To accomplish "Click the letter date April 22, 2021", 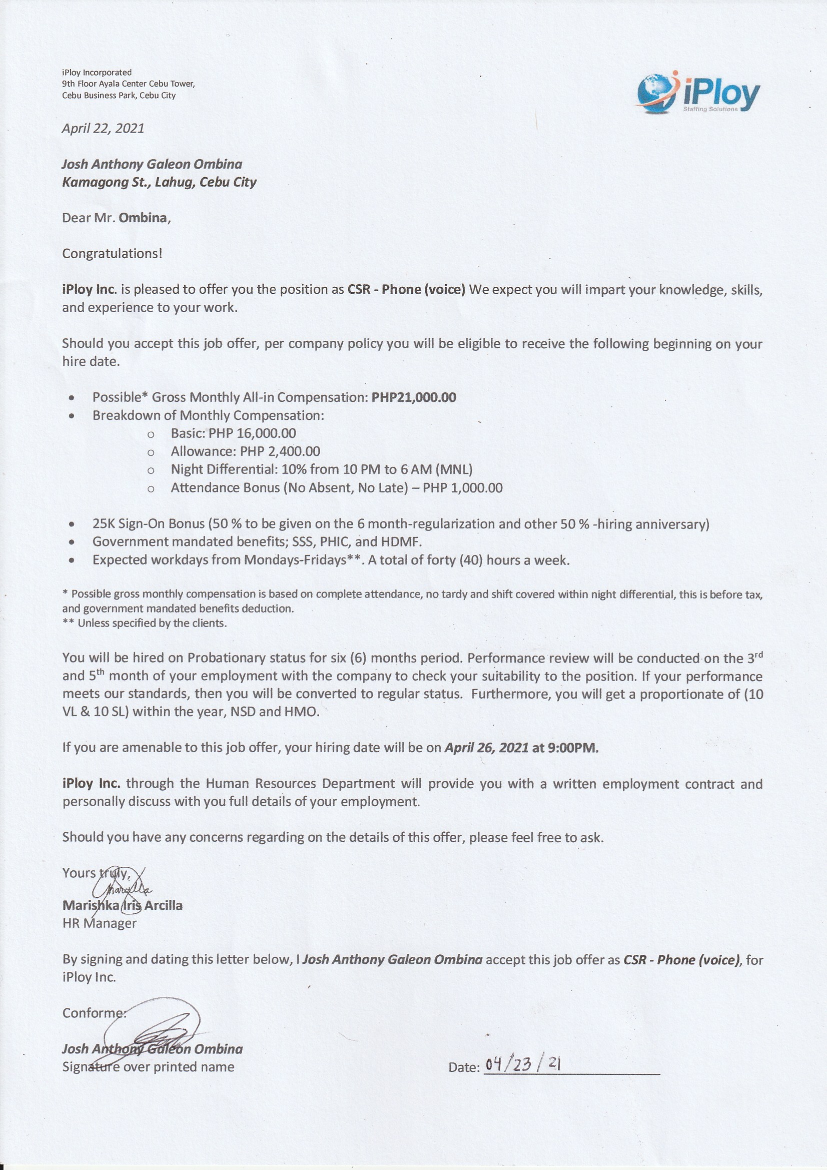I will pos(103,128).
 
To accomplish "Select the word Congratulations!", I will pos(112,253).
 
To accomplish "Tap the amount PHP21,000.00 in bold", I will pos(414,397).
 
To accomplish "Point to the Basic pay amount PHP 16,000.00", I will pos(252,433).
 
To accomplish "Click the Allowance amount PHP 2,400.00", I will pos(280,451).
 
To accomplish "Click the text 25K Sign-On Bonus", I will pos(148,524).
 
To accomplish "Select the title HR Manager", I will pos(100,923).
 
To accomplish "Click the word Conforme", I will pos(93,1012).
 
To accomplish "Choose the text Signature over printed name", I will pos(148,1066).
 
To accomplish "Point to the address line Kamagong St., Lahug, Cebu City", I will pos(159,183).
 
